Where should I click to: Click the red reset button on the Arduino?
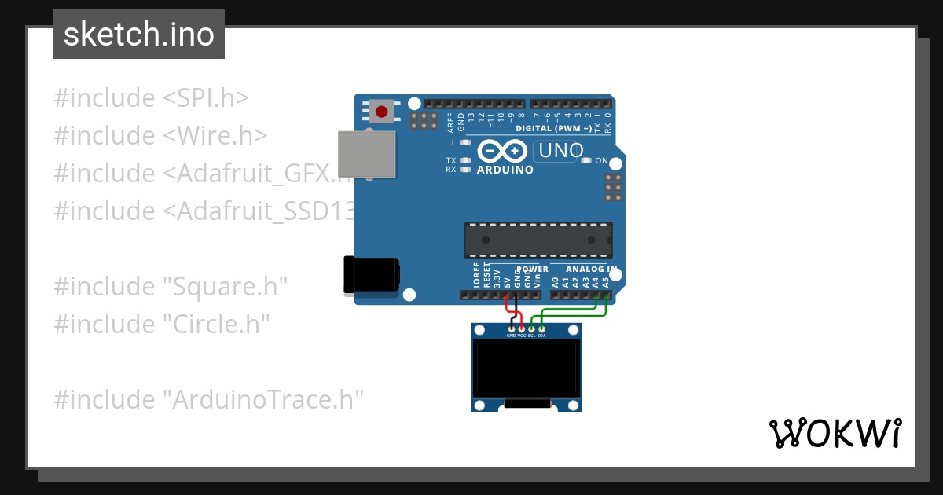point(383,111)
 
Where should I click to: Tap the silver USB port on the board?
point(366,153)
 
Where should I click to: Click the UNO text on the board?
point(559,150)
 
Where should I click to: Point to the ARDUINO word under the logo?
point(505,170)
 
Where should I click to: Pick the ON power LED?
point(585,160)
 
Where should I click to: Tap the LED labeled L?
point(466,143)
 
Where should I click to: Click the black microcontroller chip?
point(538,240)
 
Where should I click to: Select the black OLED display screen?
point(527,371)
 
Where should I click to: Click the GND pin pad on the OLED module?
point(512,328)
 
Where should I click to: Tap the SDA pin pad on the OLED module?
point(541,328)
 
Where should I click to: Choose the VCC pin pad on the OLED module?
point(522,328)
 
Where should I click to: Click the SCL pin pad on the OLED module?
point(531,328)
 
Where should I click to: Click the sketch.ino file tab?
point(139,35)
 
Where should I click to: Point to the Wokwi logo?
point(835,433)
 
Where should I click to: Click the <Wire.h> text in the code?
point(215,135)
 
